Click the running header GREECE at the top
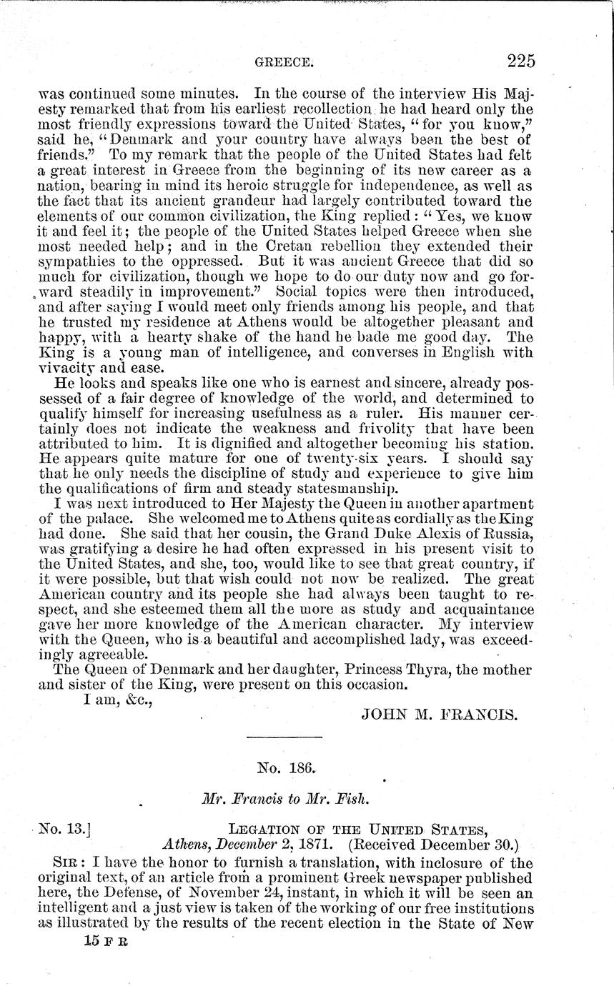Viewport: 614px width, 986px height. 284,64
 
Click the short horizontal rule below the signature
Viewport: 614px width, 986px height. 284,737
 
